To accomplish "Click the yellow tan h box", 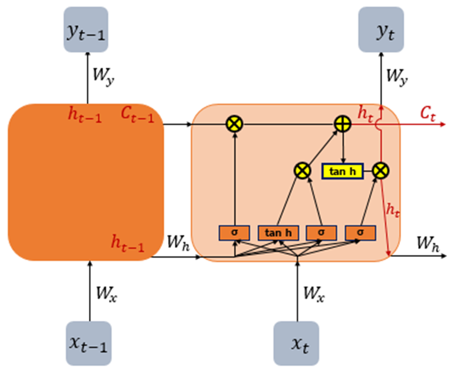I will click(x=343, y=172).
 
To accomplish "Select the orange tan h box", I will click(x=278, y=232).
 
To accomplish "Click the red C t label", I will click(x=428, y=114).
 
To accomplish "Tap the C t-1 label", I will click(x=139, y=114).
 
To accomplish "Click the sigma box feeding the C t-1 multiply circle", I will click(x=234, y=232).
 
